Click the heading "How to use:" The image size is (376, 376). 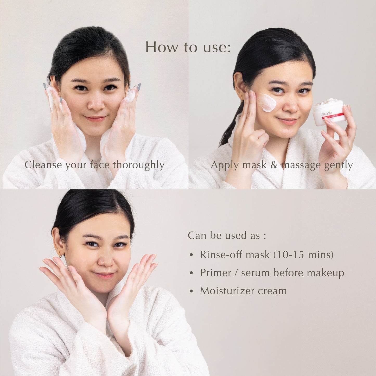point(188,47)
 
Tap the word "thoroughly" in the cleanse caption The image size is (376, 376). point(138,165)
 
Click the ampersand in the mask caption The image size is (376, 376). point(274,165)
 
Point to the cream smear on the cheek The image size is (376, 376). point(267,103)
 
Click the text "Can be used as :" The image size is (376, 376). point(227,235)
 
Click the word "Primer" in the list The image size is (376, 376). point(216,273)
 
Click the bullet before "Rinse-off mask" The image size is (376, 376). point(192,255)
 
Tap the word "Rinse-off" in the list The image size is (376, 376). point(221,254)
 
